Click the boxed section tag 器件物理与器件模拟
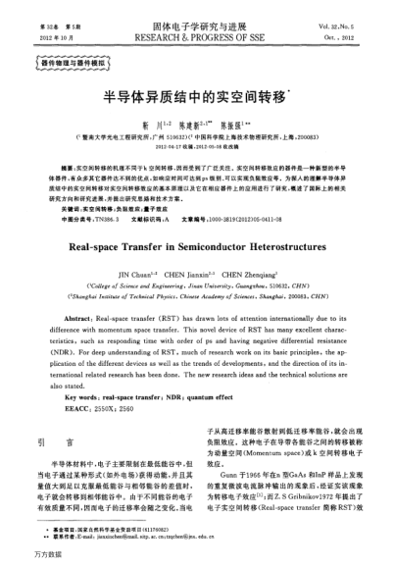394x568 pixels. tap(58, 63)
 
